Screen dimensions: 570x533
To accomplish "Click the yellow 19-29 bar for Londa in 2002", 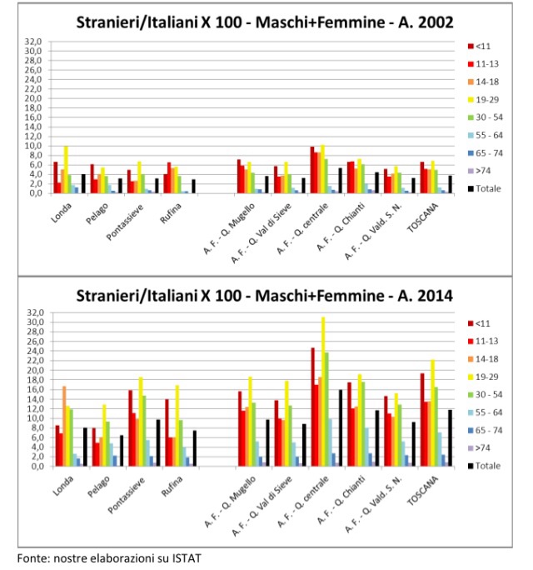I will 67,170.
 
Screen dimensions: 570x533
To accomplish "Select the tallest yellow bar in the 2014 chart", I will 322,392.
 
